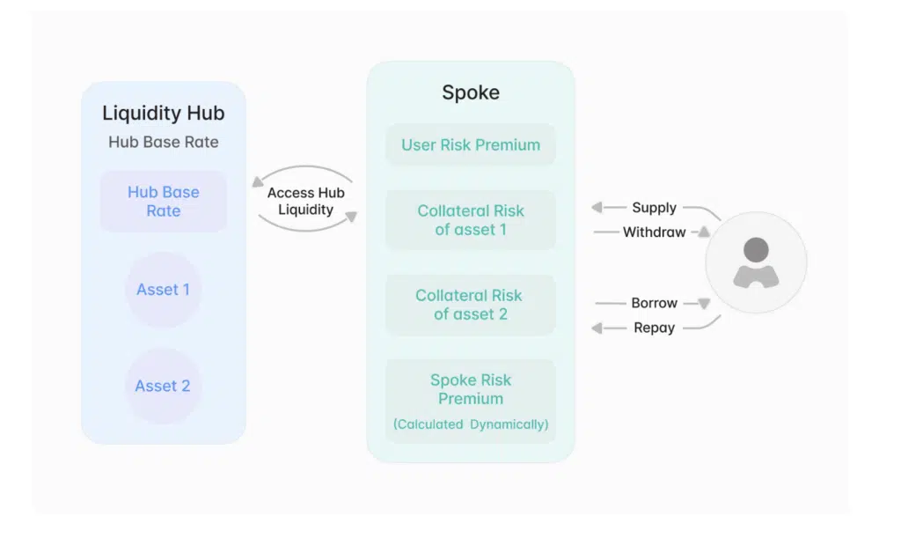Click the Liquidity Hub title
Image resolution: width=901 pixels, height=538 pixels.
pyautogui.click(x=163, y=114)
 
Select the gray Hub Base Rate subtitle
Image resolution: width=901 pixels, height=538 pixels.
pyautogui.click(x=163, y=142)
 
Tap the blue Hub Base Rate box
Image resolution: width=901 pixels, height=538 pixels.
pyautogui.click(x=163, y=202)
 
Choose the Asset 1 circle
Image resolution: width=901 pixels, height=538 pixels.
pyautogui.click(x=163, y=290)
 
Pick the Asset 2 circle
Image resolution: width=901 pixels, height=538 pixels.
pyautogui.click(x=163, y=386)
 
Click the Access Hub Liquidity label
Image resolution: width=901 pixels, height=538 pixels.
pyautogui.click(x=305, y=201)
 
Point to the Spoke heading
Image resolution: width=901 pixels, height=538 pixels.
pyautogui.click(x=470, y=93)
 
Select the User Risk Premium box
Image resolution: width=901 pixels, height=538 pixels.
pyautogui.click(x=471, y=145)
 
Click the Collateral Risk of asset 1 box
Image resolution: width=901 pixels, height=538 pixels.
pyautogui.click(x=471, y=220)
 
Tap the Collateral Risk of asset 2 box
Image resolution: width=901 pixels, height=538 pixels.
pyautogui.click(x=471, y=305)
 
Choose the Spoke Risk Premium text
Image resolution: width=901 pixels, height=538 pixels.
pyautogui.click(x=471, y=389)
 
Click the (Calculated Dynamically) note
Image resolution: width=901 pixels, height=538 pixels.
pyautogui.click(x=471, y=424)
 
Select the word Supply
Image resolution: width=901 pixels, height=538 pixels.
pyautogui.click(x=654, y=208)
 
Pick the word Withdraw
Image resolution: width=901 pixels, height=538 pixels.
pyautogui.click(x=654, y=232)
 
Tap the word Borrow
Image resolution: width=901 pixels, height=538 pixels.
pyautogui.click(x=654, y=303)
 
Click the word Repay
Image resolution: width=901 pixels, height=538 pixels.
pyautogui.click(x=654, y=328)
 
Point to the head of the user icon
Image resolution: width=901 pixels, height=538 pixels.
pyautogui.click(x=756, y=249)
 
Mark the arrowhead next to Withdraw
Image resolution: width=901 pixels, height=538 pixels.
pyautogui.click(x=704, y=232)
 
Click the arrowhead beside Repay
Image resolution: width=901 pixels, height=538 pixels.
pyautogui.click(x=597, y=328)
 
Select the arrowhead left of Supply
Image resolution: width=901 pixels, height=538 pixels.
pyautogui.click(x=597, y=208)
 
